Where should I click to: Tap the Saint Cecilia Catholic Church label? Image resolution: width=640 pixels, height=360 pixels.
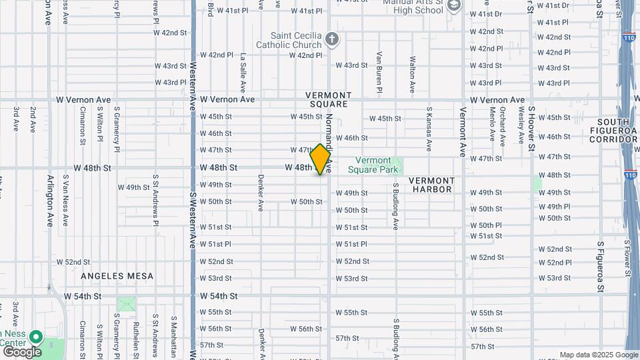(x=296, y=40)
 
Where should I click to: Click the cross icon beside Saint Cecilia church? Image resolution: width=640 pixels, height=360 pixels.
(x=333, y=39)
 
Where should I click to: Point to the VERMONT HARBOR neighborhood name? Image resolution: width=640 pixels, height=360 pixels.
(x=431, y=185)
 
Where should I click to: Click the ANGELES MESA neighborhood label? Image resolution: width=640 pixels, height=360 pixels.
(x=117, y=276)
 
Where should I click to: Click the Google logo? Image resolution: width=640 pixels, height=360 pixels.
(x=21, y=351)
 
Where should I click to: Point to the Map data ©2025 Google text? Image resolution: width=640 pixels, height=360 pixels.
(x=599, y=355)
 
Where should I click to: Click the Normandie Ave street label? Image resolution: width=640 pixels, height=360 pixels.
(x=329, y=137)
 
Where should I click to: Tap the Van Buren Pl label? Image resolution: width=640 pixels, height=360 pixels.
(x=379, y=72)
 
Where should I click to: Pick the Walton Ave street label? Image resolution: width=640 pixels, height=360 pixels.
(x=413, y=74)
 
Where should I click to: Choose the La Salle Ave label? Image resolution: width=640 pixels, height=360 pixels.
(x=243, y=73)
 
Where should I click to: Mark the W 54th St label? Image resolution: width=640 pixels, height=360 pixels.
(x=82, y=295)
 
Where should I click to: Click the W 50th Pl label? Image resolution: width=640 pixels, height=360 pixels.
(x=485, y=225)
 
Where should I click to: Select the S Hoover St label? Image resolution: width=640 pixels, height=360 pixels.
(x=531, y=125)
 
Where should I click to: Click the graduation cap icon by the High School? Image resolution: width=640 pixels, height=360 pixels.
(x=454, y=6)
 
